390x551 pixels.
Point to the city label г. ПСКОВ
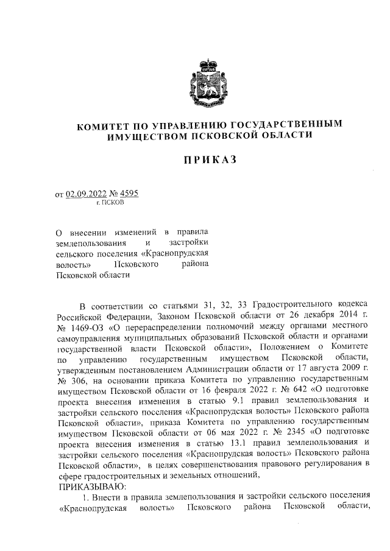pyautogui.click(x=110, y=203)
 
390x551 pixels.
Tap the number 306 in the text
pyautogui.click(x=75, y=381)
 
